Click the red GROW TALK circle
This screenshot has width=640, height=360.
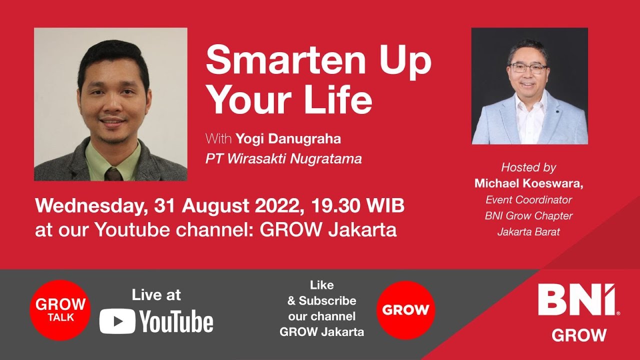(60, 310)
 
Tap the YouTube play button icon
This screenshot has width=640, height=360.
(117, 321)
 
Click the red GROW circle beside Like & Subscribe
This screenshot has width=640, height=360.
(405, 310)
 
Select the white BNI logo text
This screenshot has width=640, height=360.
(578, 300)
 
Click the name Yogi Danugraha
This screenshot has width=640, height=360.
(288, 138)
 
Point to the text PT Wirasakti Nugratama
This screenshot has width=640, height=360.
(283, 159)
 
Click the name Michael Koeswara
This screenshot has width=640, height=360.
(528, 183)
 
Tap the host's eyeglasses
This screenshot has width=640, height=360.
(527, 68)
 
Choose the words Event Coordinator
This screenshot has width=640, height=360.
(529, 200)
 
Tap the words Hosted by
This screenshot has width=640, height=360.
(528, 167)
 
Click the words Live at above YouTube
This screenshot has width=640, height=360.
(156, 295)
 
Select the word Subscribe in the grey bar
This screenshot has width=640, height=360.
(327, 300)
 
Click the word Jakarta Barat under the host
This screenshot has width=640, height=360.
(528, 232)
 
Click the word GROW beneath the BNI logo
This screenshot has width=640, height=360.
(579, 335)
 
